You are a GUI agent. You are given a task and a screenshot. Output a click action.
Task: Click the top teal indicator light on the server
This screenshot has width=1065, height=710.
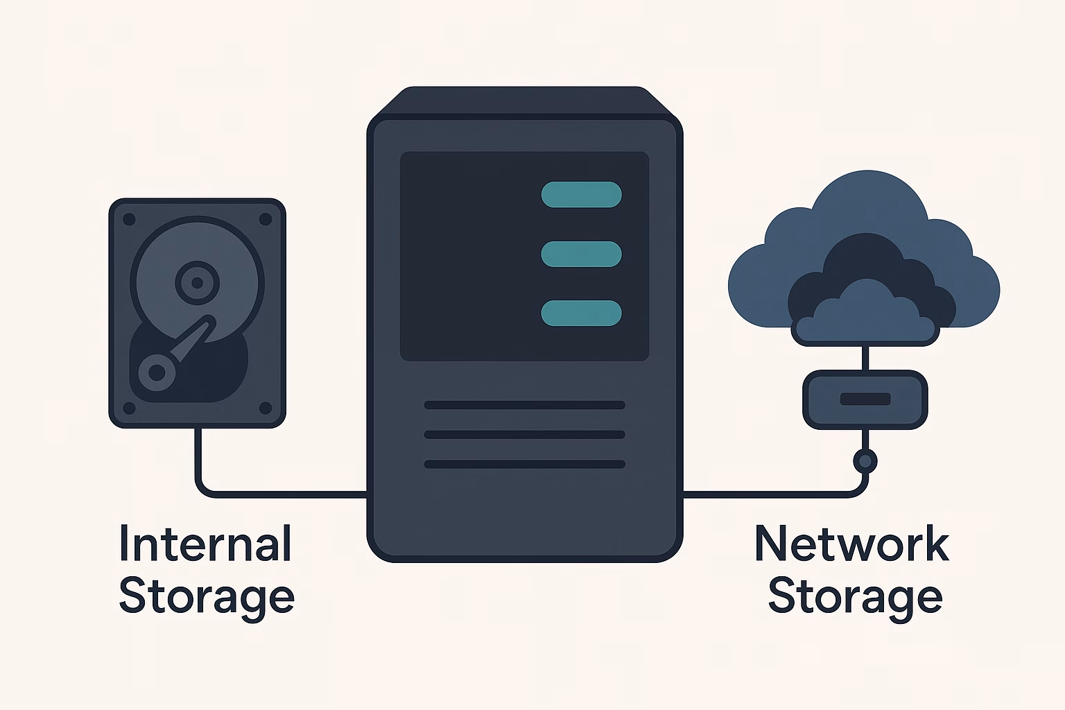[581, 195]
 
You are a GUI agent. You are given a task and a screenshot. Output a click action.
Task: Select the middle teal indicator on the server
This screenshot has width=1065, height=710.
[581, 254]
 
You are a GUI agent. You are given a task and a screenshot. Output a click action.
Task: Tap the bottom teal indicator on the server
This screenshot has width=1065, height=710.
[581, 313]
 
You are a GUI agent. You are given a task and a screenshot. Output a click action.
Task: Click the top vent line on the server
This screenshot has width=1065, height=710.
[524, 405]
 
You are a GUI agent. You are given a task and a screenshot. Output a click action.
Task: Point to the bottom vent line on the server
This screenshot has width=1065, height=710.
[524, 465]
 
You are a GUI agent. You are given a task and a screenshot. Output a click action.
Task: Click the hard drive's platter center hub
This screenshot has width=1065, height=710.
[197, 282]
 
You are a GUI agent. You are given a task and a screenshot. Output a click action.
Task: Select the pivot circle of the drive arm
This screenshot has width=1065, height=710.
[157, 372]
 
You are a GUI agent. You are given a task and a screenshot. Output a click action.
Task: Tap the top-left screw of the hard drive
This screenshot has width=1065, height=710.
[129, 220]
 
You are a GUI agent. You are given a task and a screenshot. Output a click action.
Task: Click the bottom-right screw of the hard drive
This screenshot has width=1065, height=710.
[265, 407]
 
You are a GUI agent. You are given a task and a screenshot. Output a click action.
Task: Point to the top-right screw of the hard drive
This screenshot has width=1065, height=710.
[265, 220]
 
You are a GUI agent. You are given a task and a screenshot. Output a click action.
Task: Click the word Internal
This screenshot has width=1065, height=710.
[205, 544]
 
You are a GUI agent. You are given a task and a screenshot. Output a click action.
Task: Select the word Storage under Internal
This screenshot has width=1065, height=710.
[207, 597]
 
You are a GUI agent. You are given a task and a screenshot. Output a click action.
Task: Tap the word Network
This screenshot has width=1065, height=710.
[851, 544]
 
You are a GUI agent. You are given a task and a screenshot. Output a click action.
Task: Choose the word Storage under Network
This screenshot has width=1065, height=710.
[855, 597]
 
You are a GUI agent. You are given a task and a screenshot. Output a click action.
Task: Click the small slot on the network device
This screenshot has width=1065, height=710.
[865, 399]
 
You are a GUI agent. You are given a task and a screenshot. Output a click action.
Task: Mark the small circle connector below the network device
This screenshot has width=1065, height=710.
[865, 460]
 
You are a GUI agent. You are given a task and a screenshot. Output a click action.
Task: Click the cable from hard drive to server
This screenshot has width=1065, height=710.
[277, 494]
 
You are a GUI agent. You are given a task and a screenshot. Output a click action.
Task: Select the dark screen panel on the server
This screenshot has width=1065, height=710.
[471, 257]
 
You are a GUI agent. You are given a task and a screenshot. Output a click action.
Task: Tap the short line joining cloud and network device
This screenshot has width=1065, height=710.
[865, 358]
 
